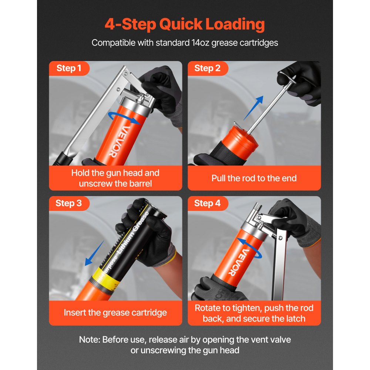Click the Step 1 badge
click(68, 68)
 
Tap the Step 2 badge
click(207, 68)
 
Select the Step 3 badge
click(68, 203)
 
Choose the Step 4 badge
click(207, 203)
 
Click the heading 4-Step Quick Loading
click(185, 24)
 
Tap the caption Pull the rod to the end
click(254, 178)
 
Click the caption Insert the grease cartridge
click(115, 313)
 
